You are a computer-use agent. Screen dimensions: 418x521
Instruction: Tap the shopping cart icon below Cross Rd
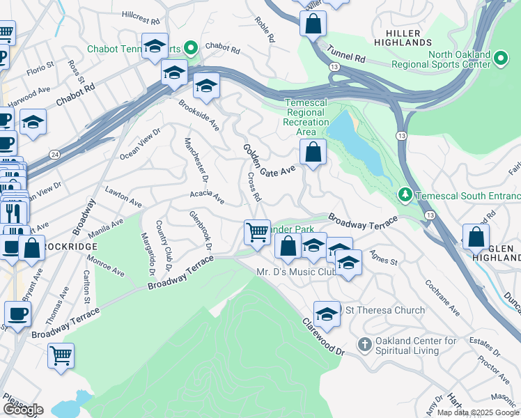click(257, 232)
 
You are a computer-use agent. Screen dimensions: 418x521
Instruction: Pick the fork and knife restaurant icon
click(13, 212)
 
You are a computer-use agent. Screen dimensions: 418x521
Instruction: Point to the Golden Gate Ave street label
click(269, 159)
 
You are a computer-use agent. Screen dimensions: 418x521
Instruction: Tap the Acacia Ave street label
click(207, 199)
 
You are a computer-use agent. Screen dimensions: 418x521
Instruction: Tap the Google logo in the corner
click(23, 409)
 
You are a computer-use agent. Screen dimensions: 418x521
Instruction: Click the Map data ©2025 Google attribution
click(478, 412)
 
